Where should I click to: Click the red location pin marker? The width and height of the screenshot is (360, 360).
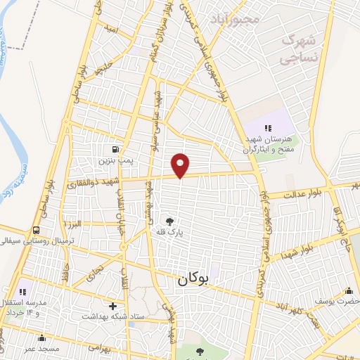coord(181,165)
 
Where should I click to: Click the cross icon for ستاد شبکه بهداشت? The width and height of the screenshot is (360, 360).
coord(112,306)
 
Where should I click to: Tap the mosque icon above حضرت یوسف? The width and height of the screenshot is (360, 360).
coord(349,291)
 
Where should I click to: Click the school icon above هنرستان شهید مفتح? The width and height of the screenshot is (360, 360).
coord(267,127)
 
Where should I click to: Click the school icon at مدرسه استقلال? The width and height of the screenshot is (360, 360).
coord(22,291)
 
